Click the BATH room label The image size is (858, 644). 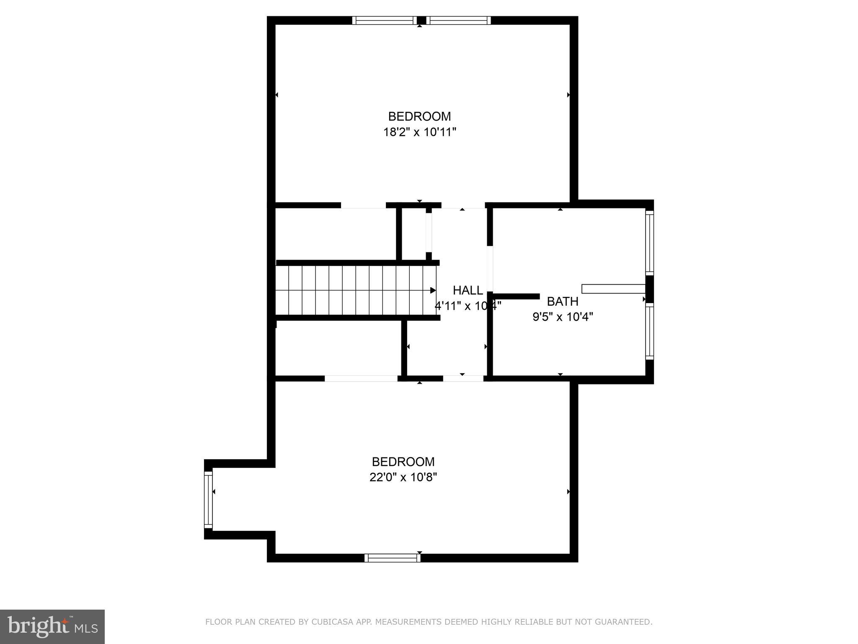point(563,301)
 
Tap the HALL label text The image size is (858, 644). point(468,290)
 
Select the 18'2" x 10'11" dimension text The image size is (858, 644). point(419,132)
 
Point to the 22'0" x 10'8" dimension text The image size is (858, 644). point(403,477)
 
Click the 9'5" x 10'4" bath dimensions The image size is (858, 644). point(563,317)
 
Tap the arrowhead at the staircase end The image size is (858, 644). point(433,290)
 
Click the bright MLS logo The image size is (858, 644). point(52,626)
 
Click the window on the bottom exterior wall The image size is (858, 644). point(392,558)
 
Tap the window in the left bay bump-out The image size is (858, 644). point(208,499)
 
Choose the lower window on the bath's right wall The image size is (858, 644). point(649,331)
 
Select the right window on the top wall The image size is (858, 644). point(459,21)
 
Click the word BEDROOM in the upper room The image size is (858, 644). point(419,116)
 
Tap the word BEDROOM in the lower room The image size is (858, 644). point(403,462)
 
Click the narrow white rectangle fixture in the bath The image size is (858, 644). point(613,288)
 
